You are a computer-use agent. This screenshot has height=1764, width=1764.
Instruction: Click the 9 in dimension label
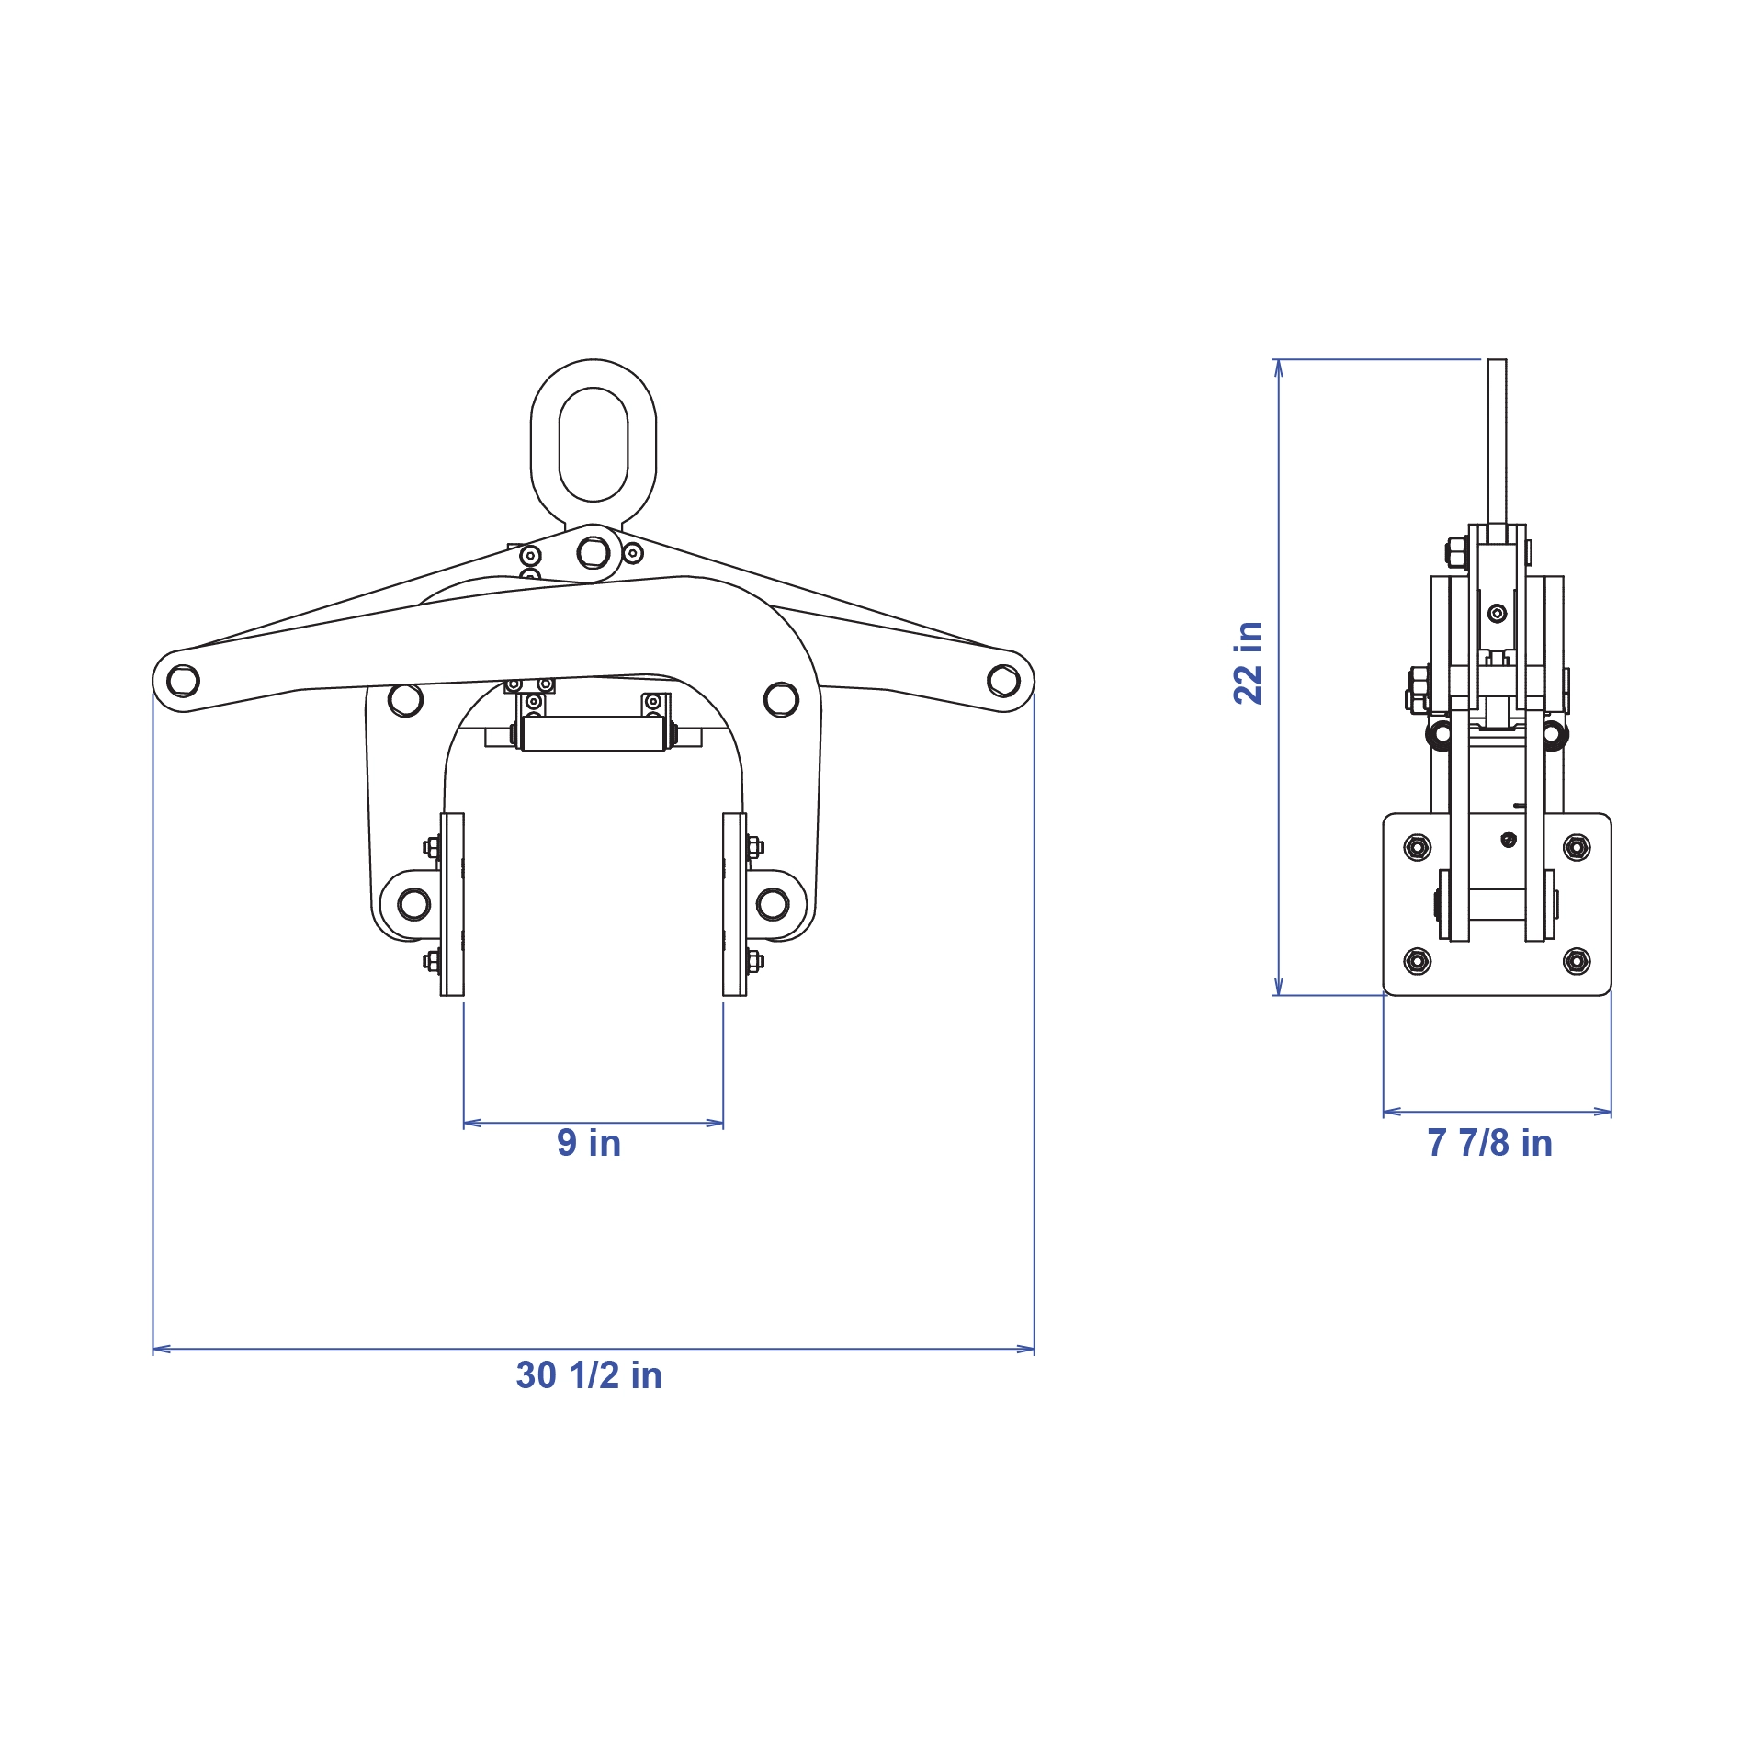pos(589,1144)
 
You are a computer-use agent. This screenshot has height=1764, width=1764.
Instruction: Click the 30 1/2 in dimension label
pos(589,1376)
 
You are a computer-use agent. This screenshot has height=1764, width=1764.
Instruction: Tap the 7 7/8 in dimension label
pos(1489,1144)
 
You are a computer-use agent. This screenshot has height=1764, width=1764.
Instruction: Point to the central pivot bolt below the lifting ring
pos(594,553)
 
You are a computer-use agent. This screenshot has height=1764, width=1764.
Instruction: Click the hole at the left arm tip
pos(183,681)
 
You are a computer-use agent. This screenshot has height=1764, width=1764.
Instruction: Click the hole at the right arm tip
pos(1002,681)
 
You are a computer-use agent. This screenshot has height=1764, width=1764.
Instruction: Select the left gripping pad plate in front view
pos(452,904)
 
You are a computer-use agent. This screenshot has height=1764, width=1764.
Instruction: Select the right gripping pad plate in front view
pos(734,904)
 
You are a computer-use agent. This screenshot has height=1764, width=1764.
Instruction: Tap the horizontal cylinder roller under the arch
pos(593,734)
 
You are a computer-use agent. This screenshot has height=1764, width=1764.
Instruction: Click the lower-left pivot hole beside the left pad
pos(413,904)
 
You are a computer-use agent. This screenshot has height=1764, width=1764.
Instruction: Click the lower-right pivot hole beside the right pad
pos(773,904)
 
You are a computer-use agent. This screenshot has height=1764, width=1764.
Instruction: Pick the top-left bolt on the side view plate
pos(1418,847)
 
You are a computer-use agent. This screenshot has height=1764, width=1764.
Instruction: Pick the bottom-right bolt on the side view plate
pos(1577,961)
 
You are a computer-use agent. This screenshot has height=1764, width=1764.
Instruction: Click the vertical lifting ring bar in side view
pos(1497,441)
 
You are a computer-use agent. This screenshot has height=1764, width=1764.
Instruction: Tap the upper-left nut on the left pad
pos(431,847)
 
